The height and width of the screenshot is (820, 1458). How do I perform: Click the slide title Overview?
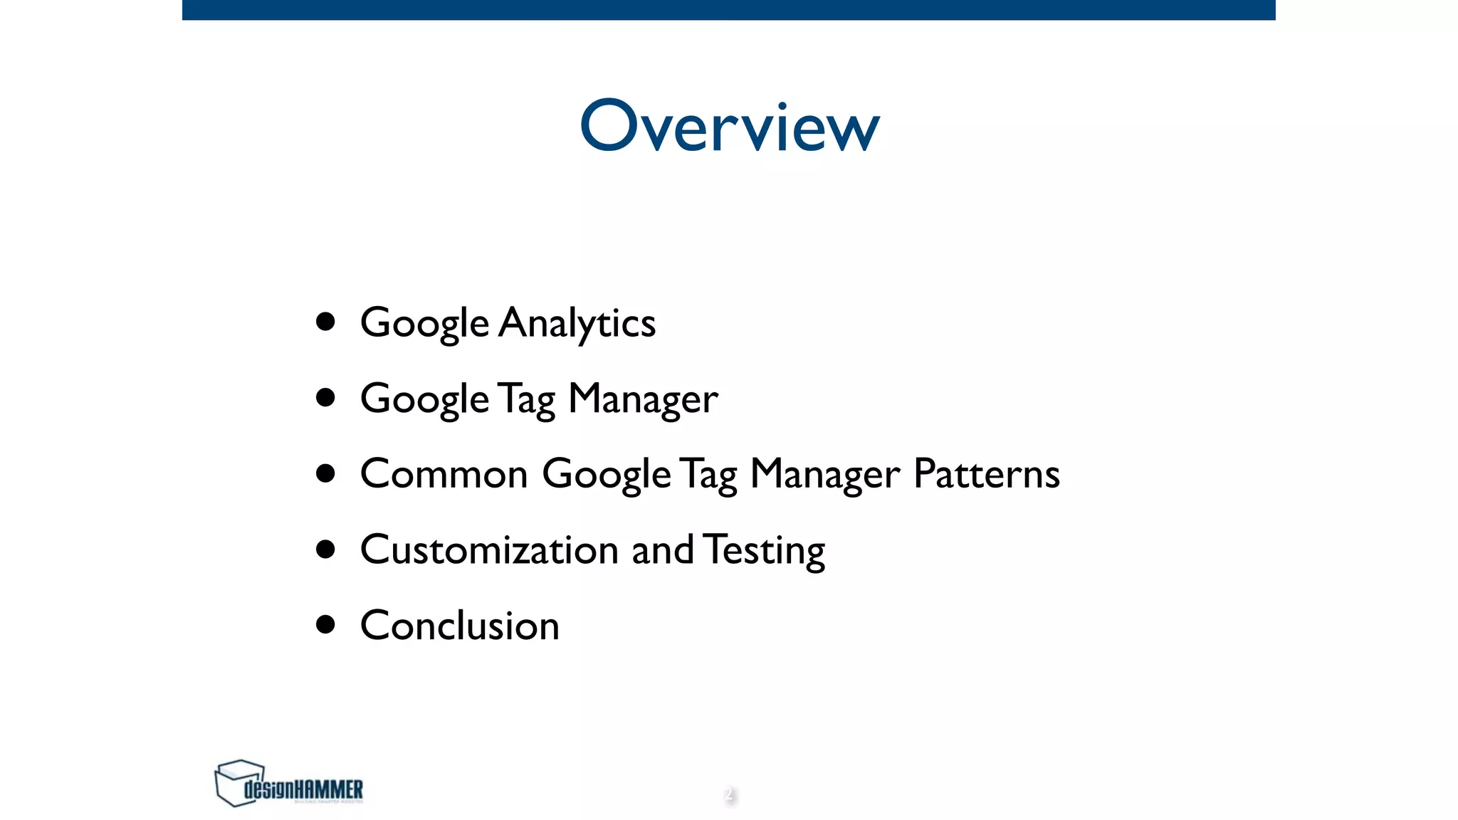(730, 126)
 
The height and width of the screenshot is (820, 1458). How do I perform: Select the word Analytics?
(577, 323)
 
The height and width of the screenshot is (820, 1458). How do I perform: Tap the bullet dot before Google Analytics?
(325, 322)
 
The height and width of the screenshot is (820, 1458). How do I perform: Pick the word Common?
(444, 474)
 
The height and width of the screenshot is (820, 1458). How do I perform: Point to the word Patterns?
(986, 474)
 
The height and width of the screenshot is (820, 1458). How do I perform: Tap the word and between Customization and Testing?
(662, 550)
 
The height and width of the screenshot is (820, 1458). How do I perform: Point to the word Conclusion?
(460, 626)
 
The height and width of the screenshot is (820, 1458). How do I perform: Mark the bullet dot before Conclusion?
(325, 624)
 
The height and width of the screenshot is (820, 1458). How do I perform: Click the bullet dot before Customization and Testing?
(325, 549)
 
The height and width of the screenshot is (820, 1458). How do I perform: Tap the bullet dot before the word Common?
(325, 473)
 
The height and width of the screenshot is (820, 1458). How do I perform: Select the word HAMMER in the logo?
(328, 789)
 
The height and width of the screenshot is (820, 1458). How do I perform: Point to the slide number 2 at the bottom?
(729, 794)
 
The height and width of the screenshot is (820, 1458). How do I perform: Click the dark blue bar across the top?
(729, 9)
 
